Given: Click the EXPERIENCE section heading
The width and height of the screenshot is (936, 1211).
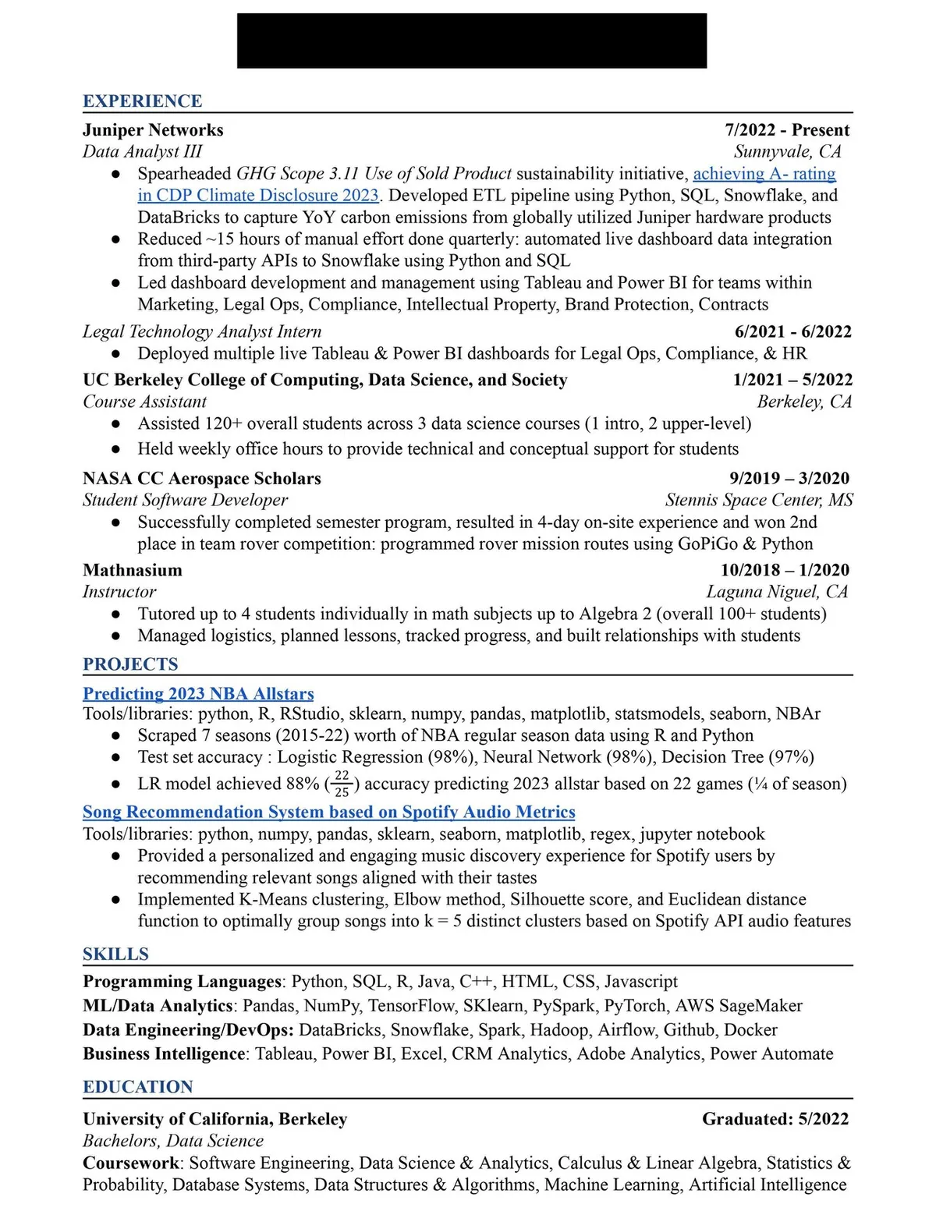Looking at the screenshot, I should [x=142, y=101].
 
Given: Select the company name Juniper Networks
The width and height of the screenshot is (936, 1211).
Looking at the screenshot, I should [x=153, y=130].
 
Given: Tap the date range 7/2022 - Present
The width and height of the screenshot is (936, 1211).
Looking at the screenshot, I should [x=787, y=130].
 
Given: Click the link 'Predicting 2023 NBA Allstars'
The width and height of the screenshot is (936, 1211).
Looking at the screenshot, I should [x=198, y=693].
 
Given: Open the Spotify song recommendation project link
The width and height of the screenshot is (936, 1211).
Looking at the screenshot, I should [x=328, y=812].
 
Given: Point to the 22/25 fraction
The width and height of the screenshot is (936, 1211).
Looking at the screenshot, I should [x=342, y=784].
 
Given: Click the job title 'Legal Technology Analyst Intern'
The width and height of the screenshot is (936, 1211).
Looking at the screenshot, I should [x=201, y=331].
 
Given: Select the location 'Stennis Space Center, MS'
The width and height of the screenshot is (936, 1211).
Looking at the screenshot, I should [x=759, y=500].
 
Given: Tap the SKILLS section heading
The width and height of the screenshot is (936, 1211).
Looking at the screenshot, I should [x=115, y=954].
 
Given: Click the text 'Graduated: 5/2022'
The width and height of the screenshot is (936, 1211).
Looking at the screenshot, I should [x=775, y=1119].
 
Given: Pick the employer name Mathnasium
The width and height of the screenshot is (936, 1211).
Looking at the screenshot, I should [x=132, y=570].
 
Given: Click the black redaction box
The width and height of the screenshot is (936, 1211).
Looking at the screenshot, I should [x=472, y=41].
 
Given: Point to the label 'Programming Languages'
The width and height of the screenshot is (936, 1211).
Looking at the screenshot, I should [x=182, y=981].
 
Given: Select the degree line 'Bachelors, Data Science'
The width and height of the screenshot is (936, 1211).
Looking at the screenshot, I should [x=173, y=1141].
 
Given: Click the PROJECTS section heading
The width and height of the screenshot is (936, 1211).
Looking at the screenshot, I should [x=130, y=664].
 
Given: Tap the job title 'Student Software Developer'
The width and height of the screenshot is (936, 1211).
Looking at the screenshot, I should [x=185, y=500].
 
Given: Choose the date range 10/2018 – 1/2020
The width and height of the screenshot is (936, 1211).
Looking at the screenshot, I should [x=785, y=570].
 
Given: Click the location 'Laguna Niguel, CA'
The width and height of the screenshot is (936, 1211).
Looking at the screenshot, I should [x=777, y=592].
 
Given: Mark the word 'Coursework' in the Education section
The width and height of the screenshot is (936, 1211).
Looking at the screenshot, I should [x=131, y=1163].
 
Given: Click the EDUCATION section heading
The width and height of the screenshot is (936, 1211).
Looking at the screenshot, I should [x=137, y=1087].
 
